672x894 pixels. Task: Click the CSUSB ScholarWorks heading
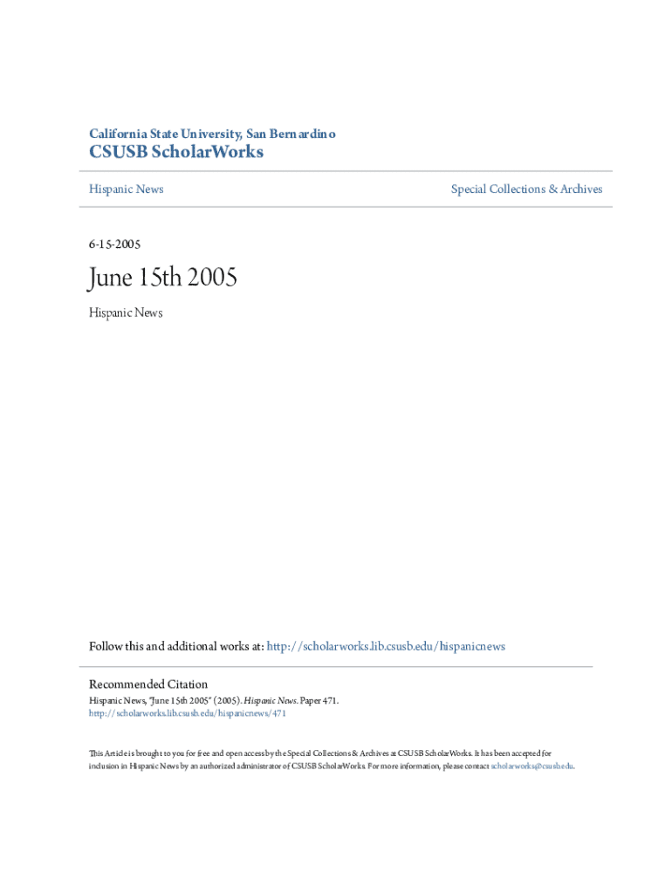(x=176, y=153)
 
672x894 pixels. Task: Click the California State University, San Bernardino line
(x=212, y=134)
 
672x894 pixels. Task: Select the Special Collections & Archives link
(x=526, y=189)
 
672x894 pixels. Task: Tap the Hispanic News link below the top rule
(x=126, y=189)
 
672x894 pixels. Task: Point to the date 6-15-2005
(x=114, y=244)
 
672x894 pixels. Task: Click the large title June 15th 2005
(x=162, y=279)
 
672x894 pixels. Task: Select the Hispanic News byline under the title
(x=126, y=313)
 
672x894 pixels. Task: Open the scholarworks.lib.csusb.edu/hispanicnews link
(x=385, y=646)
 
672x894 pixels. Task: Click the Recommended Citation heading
(x=148, y=684)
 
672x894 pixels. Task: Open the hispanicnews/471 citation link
(x=188, y=713)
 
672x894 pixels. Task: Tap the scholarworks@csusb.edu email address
(x=531, y=766)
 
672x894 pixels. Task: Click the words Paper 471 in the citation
(x=319, y=700)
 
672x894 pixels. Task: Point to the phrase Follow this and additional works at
(x=176, y=646)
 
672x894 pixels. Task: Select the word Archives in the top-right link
(x=581, y=189)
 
